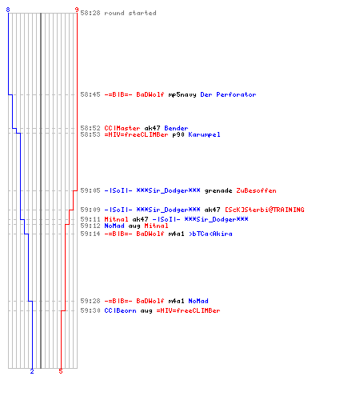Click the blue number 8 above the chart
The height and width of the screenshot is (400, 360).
click(8, 10)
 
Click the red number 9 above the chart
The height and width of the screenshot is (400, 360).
click(77, 10)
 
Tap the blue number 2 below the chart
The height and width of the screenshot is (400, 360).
click(32, 371)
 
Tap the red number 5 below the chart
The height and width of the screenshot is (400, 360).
click(61, 371)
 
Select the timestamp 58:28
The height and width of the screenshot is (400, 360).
click(90, 13)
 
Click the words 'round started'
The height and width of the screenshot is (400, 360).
click(130, 13)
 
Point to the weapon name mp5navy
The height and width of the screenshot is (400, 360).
click(182, 94)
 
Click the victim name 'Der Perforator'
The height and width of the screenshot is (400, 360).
click(228, 94)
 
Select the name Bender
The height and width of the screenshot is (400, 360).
click(176, 128)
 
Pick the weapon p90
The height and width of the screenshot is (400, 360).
click(178, 134)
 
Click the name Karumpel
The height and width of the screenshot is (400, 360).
click(204, 134)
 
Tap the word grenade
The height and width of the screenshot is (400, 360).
click(218, 191)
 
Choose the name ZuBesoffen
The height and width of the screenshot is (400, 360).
click(256, 190)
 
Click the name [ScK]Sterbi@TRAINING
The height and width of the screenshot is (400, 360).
click(265, 210)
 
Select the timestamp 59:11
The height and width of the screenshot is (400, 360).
click(90, 219)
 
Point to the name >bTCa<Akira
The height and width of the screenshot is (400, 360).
click(210, 234)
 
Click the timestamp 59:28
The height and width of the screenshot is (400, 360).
click(90, 301)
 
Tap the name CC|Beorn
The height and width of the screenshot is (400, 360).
click(120, 310)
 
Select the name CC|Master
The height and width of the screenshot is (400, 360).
click(122, 128)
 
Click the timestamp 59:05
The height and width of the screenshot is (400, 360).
click(90, 190)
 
